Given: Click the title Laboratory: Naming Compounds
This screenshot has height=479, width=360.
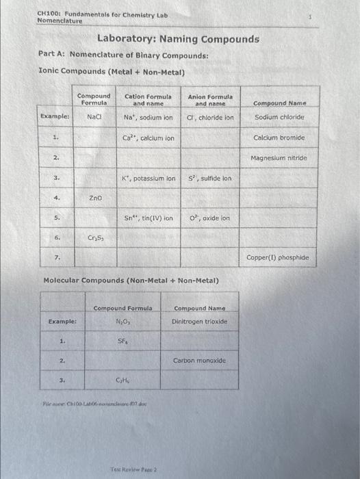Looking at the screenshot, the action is point(178,39).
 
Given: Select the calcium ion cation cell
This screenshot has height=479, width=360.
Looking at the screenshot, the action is point(148,138).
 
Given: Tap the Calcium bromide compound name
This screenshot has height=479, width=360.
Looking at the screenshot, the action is point(279,138).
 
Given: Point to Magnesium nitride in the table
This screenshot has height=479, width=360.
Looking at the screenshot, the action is point(279,158).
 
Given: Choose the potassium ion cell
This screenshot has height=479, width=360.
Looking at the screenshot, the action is point(148,179).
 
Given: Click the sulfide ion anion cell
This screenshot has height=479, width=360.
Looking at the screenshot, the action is point(210,179).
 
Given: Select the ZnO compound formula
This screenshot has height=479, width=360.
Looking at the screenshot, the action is point(95,198).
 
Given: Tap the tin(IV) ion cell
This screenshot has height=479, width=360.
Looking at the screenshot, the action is point(148,218).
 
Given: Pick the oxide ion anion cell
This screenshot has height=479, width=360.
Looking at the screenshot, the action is point(210,218).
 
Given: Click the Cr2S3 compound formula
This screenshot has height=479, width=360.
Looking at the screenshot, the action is point(95,238).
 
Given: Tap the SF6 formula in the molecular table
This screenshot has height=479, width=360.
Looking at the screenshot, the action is point(123,340).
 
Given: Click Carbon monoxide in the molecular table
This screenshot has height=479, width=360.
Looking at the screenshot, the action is point(199,360).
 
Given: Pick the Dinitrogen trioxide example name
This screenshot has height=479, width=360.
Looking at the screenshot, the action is point(199,321).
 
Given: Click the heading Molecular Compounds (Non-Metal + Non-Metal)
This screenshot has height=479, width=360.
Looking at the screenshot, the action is point(131,281).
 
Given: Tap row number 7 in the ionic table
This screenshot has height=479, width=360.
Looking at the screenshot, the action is point(57,258).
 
